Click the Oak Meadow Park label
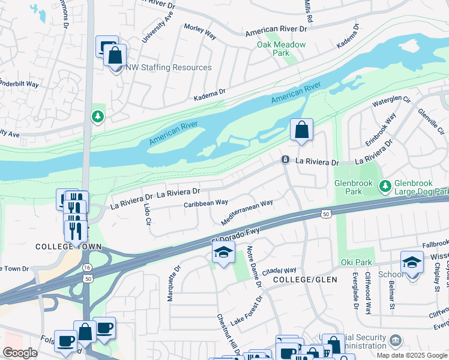pos(281,49)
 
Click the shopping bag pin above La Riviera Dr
pos(301,130)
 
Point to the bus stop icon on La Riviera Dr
pos(286,160)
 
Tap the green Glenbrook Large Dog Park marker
pos(385,187)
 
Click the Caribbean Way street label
pos(205,203)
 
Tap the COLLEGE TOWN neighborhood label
pos(68,247)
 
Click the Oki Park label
pos(359,262)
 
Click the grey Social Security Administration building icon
pos(396,341)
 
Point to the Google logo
pos(20,353)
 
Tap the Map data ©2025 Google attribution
pos(411,355)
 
